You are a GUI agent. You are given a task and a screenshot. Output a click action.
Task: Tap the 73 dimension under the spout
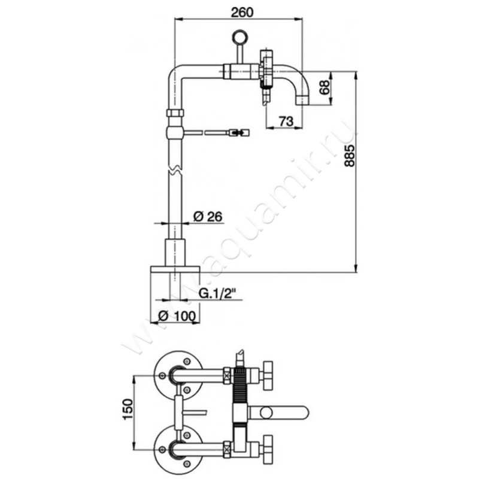pyautogui.click(x=286, y=122)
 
